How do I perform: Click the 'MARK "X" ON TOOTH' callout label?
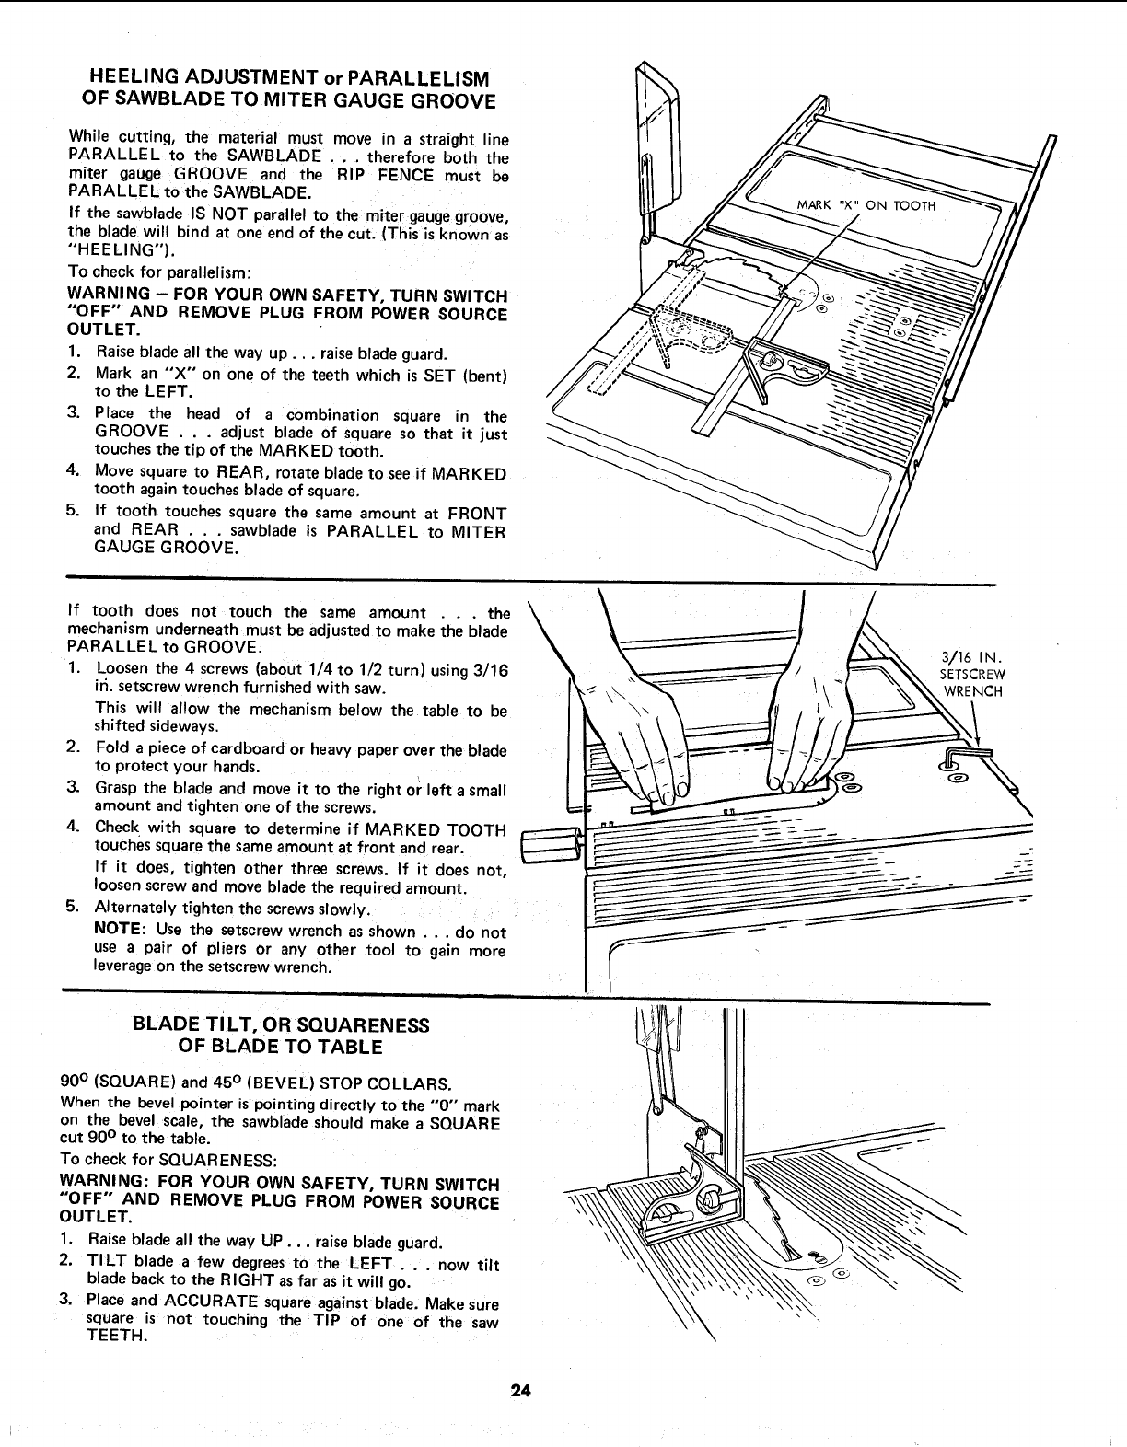[x=866, y=205]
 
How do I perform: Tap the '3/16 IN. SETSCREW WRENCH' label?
[x=971, y=675]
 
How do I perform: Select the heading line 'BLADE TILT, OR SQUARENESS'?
[x=281, y=1025]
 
